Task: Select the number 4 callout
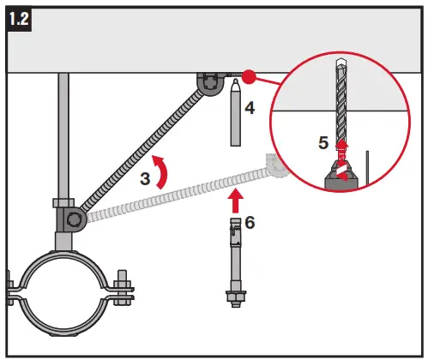(249, 109)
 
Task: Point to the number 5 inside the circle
(323, 143)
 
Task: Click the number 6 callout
(250, 223)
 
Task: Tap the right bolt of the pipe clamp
(124, 289)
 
